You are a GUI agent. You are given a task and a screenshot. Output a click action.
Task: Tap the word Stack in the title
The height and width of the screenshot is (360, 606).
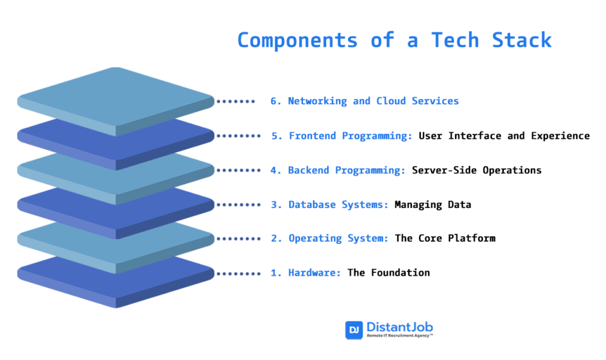[521, 40]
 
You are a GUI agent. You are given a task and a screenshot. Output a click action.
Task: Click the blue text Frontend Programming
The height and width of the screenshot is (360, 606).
[350, 136]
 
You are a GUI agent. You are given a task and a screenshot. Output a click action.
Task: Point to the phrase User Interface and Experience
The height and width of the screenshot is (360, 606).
[504, 136]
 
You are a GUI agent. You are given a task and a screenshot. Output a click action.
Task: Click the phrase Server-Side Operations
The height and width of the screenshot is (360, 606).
[476, 170]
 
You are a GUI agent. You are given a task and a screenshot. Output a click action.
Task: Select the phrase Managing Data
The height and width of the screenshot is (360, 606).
[433, 204]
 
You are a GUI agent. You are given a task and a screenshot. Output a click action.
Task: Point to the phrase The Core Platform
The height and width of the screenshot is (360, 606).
[444, 238]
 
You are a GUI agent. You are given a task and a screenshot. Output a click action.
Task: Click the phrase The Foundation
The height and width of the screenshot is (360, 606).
[388, 272]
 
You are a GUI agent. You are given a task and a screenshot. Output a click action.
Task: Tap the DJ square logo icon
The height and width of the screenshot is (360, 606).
[354, 330]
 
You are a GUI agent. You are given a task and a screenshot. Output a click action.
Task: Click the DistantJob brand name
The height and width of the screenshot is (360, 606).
[399, 327]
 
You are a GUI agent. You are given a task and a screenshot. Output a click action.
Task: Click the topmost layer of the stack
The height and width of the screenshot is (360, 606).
[115, 98]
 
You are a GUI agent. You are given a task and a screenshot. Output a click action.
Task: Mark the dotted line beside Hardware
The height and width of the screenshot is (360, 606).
[238, 273]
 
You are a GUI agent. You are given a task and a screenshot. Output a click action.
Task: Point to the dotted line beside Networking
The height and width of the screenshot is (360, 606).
[236, 101]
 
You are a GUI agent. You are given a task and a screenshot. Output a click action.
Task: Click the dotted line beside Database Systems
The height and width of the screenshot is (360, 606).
[238, 204]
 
